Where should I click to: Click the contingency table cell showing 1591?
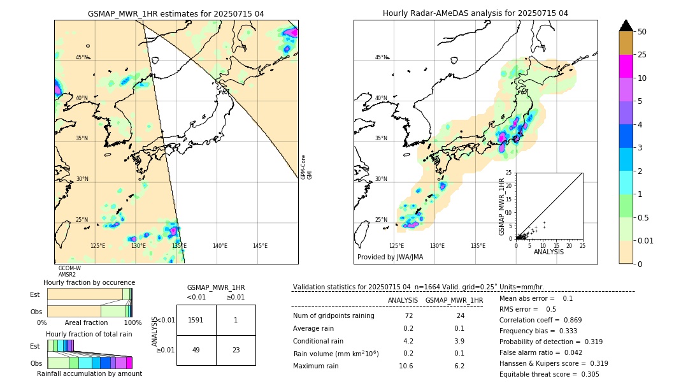pyautogui.click(x=196, y=320)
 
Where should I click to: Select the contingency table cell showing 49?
pyautogui.click(x=196, y=350)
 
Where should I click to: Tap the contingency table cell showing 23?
pyautogui.click(x=236, y=350)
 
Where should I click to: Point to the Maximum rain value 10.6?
pyautogui.click(x=406, y=366)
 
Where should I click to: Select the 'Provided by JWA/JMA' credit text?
pyautogui.click(x=390, y=257)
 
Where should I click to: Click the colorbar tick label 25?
pyautogui.click(x=642, y=55)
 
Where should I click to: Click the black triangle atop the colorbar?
pyautogui.click(x=626, y=25)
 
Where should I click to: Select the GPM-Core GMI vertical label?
pyautogui.click(x=306, y=167)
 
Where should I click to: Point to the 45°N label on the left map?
pyautogui.click(x=82, y=57)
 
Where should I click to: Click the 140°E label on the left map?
pyautogui.click(x=220, y=246)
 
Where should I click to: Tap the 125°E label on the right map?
pyautogui.click(x=396, y=246)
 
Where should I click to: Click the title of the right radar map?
pyautogui.click(x=475, y=13)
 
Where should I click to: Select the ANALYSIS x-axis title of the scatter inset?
pyautogui.click(x=548, y=252)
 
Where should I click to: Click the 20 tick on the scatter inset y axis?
pyautogui.click(x=510, y=185)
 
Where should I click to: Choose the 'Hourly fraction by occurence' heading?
pyautogui.click(x=89, y=282)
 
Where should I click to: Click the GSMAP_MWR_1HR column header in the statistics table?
pyautogui.click(x=454, y=300)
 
